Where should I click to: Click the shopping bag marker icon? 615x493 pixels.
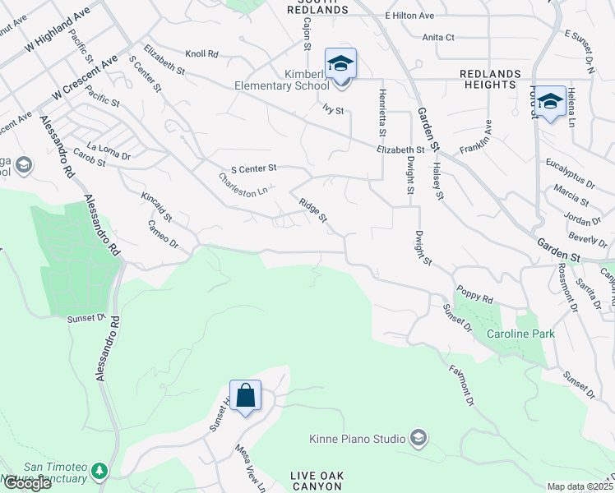245,396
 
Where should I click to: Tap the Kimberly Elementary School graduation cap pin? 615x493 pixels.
340,63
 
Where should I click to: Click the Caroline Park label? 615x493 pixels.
520,334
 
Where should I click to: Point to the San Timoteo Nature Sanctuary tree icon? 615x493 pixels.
100,471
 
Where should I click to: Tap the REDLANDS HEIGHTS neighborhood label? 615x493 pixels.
492,80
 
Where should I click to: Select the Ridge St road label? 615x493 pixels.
313,210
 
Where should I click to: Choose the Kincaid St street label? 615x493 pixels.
156,206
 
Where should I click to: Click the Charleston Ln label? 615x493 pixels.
243,184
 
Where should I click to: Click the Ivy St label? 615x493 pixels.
332,109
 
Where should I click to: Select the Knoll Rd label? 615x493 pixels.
201,53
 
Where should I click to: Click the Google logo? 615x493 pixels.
27,483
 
